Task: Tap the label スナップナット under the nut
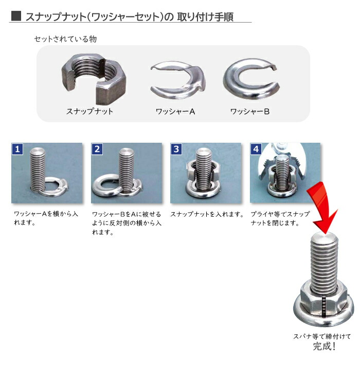(89, 111)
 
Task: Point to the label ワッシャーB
(249, 111)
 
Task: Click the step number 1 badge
(18, 149)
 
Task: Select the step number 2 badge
(97, 149)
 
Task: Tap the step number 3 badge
(177, 149)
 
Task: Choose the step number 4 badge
(256, 149)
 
